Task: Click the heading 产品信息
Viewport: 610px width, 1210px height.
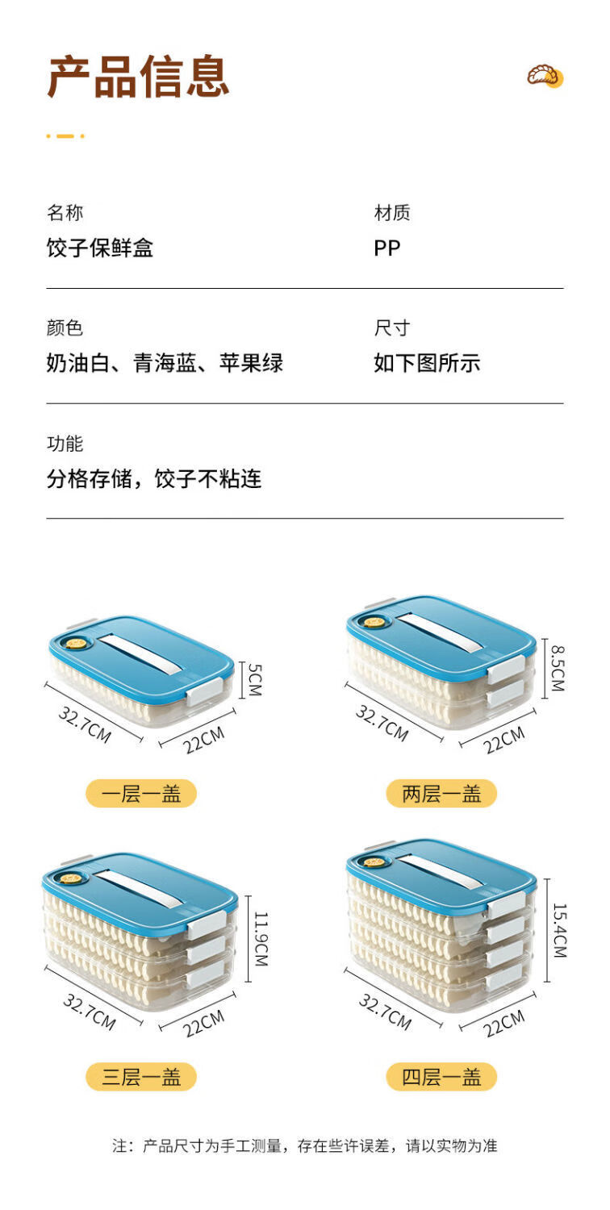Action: pos(138,76)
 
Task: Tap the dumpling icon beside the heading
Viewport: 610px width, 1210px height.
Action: pos(545,76)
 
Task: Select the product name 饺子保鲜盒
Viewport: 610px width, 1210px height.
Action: pos(100,248)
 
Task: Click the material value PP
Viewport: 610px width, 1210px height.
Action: pos(386,248)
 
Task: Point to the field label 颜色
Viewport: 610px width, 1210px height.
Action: pos(65,328)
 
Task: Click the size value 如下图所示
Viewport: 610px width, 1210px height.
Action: pos(427,363)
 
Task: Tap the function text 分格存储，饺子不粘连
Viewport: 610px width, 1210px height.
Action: pos(154,478)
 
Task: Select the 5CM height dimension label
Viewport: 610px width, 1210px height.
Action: pos(255,679)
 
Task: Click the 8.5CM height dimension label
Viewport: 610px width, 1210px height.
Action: pos(558,669)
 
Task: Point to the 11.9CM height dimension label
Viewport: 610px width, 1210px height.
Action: pos(261,939)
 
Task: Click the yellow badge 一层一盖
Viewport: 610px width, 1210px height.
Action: pos(141,794)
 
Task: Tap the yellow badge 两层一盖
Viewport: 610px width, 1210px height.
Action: pos(441,794)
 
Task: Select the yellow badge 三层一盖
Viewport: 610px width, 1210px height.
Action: pos(141,1077)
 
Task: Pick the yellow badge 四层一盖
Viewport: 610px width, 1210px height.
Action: pos(441,1077)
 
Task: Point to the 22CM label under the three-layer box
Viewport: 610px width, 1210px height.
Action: pos(203,1024)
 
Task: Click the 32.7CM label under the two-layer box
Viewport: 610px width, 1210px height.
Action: pos(382,723)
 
